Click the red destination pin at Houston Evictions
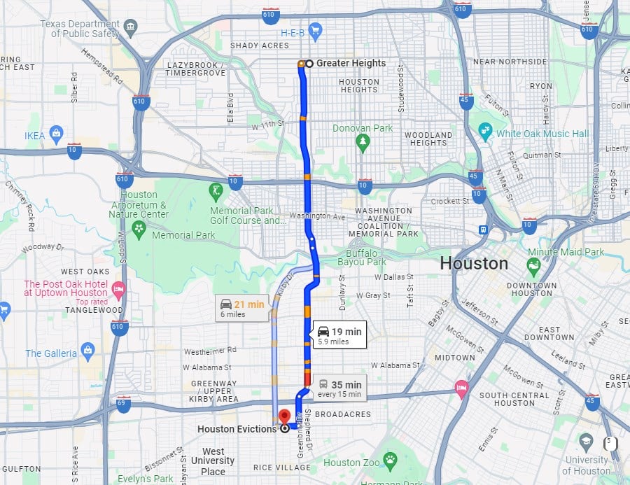coord(284,416)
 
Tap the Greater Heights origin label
coord(350,63)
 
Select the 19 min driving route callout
coord(339,335)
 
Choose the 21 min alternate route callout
coord(241,308)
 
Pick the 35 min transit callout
coord(339,388)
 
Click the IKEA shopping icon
coord(57,134)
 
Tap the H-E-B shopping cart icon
coord(315,30)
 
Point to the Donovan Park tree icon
coord(362,143)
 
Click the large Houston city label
coord(474,264)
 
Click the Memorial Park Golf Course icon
coord(217,190)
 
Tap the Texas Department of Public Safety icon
coord(130,29)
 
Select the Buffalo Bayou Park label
coord(365,258)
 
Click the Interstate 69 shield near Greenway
coord(123,404)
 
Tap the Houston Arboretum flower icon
coord(139,227)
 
